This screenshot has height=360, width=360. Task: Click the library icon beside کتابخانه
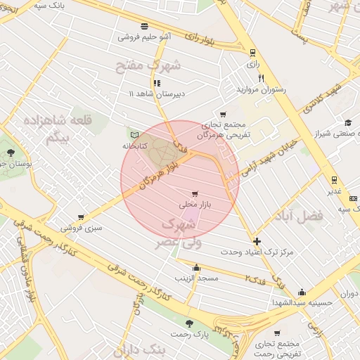point(134,134)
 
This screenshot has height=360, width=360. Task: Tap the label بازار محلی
point(195,205)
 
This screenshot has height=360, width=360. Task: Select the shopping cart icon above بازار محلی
point(195,193)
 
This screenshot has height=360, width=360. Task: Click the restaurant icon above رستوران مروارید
point(261,78)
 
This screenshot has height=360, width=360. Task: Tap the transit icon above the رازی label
point(252,52)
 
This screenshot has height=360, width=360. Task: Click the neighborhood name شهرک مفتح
point(149,65)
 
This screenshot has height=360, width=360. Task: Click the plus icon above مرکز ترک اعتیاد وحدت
point(257,240)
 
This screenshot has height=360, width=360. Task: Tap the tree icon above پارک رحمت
point(189,323)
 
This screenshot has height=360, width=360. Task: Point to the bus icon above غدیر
point(333,180)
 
